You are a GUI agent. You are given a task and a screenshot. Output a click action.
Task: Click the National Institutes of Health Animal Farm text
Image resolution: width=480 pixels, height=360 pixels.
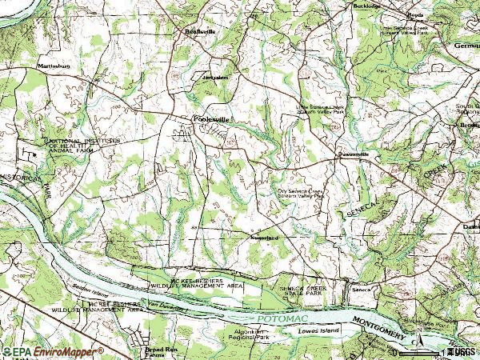pos(83,143)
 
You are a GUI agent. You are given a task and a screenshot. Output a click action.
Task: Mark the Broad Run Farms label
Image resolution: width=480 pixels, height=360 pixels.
pos(161,352)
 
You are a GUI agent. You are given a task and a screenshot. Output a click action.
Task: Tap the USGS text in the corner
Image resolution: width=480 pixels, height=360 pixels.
pos(462,352)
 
